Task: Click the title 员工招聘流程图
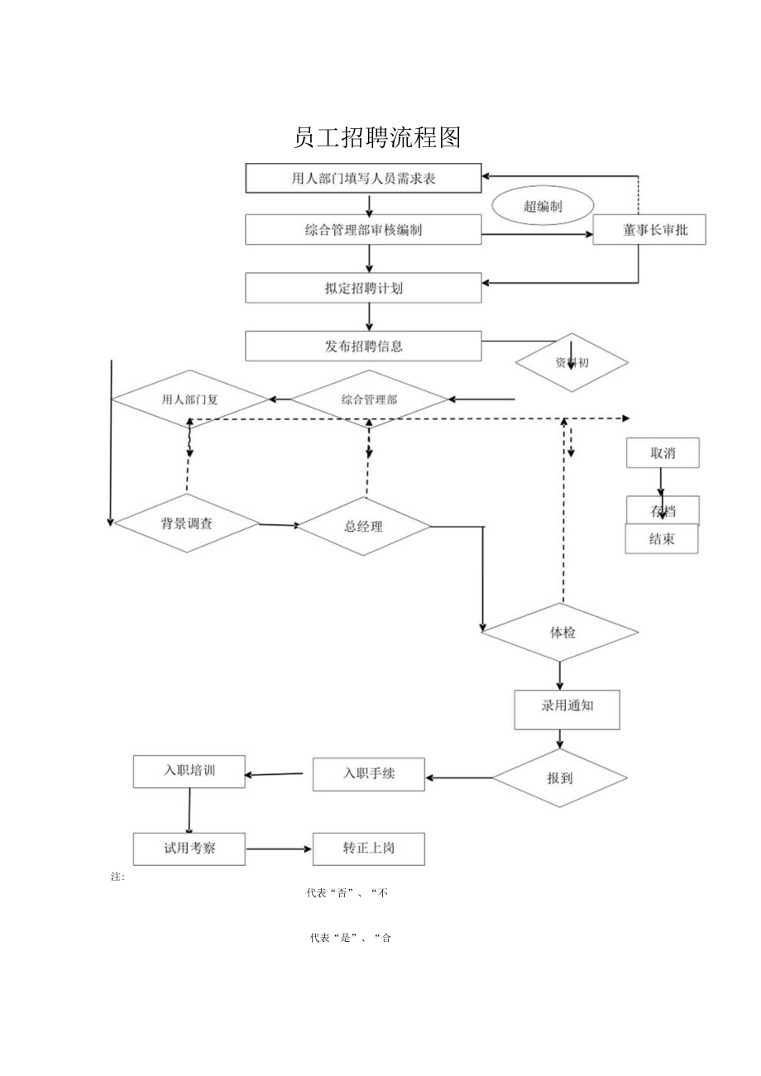click(x=377, y=138)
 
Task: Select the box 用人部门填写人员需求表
click(x=363, y=178)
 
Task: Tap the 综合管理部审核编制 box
click(x=363, y=230)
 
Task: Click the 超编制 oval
click(x=543, y=207)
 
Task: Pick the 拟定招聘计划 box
click(x=363, y=288)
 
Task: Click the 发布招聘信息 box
click(x=363, y=346)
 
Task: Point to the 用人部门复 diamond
click(x=190, y=399)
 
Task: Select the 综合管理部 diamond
click(x=369, y=399)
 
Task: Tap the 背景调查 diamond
click(x=187, y=523)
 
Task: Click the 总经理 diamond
click(x=364, y=526)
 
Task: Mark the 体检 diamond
click(x=561, y=633)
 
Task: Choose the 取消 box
click(x=663, y=452)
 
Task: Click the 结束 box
click(x=662, y=539)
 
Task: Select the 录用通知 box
click(x=567, y=709)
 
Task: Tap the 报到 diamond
click(x=560, y=778)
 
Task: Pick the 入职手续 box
click(x=369, y=774)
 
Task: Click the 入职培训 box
click(x=189, y=771)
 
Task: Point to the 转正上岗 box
click(x=369, y=849)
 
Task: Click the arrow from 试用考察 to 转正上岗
click(x=279, y=849)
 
